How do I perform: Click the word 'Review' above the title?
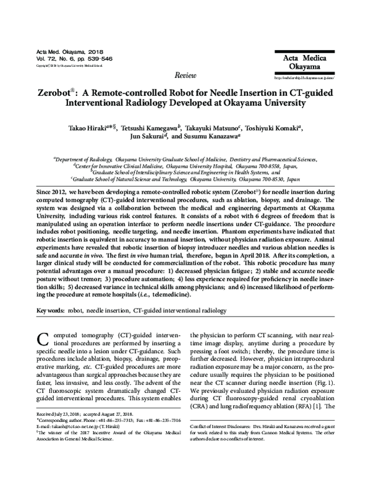point(185,75)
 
